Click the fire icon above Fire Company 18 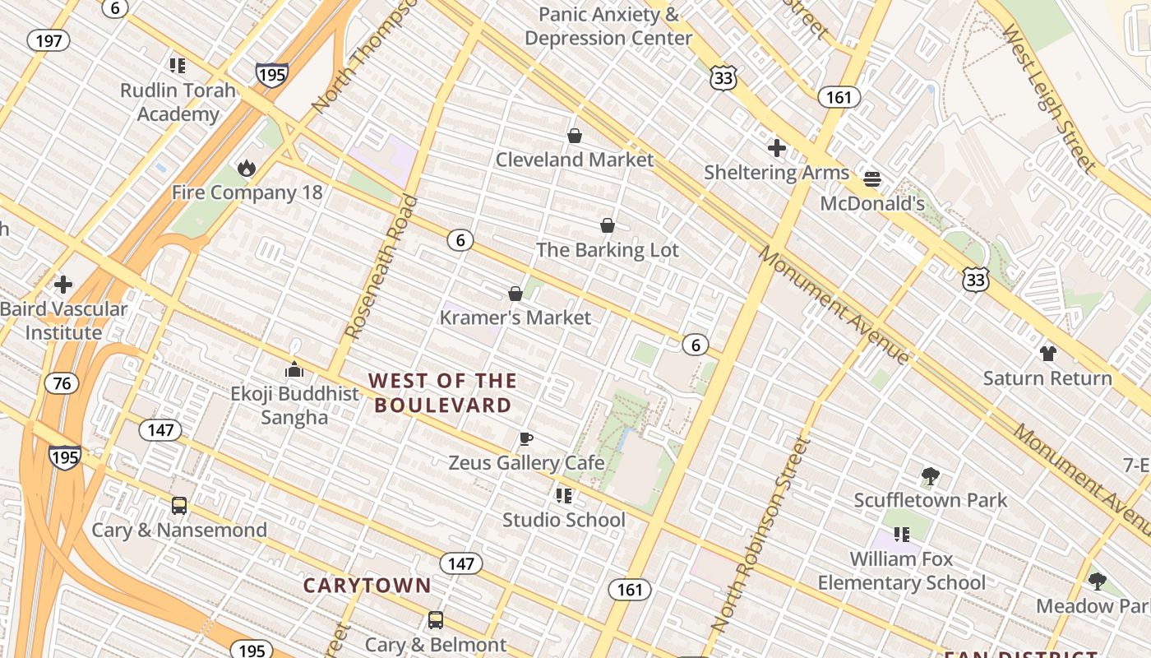click(246, 169)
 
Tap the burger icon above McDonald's click(872, 178)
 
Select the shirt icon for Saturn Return click(1047, 354)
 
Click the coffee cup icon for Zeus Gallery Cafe click(526, 438)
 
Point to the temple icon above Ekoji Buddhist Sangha click(294, 369)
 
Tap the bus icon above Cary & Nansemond click(179, 505)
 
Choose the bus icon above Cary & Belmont click(435, 619)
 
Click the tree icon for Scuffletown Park click(931, 475)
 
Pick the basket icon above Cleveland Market click(575, 136)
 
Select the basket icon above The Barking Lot click(608, 225)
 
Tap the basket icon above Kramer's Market click(515, 294)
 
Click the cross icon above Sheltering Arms click(776, 148)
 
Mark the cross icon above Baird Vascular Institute click(63, 285)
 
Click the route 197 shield click(49, 40)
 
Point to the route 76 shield click(62, 383)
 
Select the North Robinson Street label click(760, 535)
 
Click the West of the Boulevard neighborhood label click(442, 392)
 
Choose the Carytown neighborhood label click(367, 586)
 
